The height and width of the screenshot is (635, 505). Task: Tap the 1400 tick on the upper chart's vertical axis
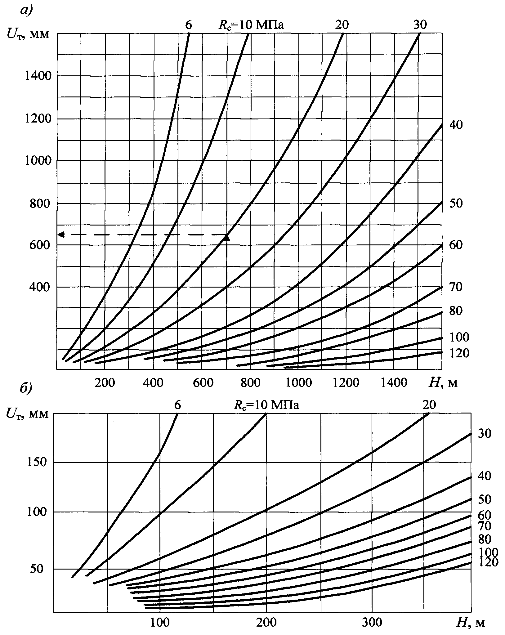tap(37, 76)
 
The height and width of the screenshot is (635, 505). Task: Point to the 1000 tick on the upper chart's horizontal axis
tap(299, 382)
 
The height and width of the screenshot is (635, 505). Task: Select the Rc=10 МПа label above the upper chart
tap(251, 25)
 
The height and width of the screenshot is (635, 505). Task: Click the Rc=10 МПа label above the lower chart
tap(266, 405)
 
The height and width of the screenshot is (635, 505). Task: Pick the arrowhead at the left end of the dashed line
tap(61, 235)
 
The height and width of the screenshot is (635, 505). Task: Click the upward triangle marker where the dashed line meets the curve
tap(227, 238)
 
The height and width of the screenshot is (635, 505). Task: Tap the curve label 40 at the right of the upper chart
tap(456, 125)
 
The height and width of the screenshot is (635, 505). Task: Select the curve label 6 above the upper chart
tap(188, 25)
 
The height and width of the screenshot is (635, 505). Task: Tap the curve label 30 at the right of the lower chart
tap(484, 434)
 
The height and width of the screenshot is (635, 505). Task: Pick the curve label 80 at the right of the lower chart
tap(484, 539)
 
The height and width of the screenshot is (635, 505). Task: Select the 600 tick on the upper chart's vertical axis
tap(39, 245)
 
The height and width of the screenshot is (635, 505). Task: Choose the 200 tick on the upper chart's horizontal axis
tap(105, 382)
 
